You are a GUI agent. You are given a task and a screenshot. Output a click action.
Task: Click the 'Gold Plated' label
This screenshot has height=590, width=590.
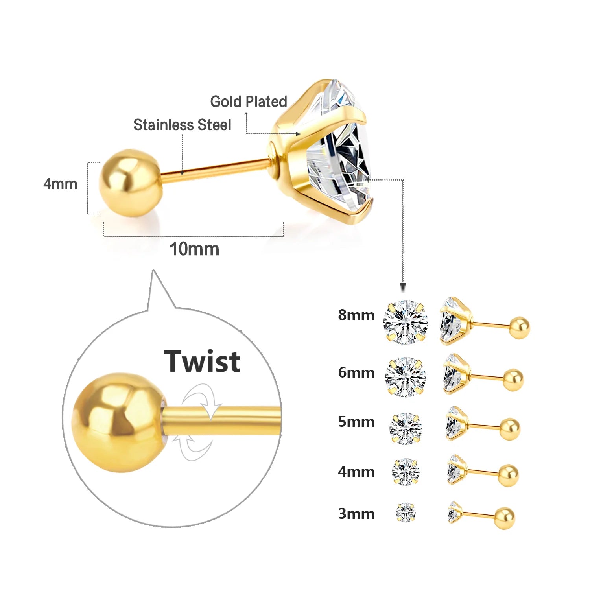point(248,101)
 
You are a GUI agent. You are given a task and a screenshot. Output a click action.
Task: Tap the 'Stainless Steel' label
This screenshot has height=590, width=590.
point(182,125)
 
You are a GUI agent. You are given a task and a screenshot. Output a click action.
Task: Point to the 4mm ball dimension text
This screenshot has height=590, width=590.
point(60,184)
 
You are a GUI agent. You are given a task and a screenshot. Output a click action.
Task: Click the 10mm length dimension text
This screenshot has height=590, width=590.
point(194,249)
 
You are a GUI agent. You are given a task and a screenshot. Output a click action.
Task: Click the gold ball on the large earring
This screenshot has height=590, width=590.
point(130,183)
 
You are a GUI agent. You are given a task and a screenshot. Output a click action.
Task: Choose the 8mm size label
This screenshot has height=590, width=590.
point(356,315)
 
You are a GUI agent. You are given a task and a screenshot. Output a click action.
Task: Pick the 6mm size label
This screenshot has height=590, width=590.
point(356,372)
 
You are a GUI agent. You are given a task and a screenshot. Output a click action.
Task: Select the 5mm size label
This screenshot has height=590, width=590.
point(356,422)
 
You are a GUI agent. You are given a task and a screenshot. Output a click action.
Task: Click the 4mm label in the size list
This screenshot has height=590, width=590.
point(356,471)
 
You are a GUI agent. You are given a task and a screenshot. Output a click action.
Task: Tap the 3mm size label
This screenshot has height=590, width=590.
point(356,514)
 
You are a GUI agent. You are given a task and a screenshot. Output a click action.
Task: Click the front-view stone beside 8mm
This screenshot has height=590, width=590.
point(406,322)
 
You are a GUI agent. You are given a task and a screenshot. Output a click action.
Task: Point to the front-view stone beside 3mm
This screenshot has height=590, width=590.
point(406,513)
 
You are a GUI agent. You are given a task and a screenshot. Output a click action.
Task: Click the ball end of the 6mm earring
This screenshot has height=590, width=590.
point(513,380)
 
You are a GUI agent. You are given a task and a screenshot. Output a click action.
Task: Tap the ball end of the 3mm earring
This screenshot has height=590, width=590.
point(505,518)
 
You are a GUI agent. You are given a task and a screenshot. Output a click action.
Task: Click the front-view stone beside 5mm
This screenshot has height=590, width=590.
point(406,428)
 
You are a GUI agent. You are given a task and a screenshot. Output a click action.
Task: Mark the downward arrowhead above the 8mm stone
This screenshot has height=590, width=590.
point(403,286)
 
